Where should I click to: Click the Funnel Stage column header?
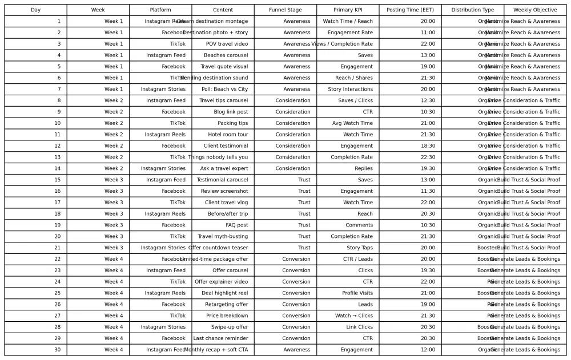(x=285, y=10)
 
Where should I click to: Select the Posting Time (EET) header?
(x=410, y=10)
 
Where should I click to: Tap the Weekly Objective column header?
(x=535, y=10)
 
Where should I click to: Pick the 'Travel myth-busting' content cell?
(x=223, y=236)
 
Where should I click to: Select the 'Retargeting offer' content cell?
(x=223, y=305)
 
